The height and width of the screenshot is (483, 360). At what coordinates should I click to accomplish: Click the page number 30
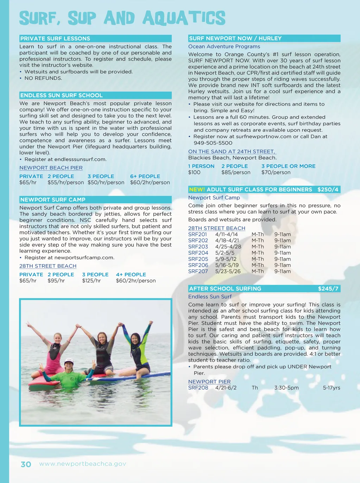(x=26, y=464)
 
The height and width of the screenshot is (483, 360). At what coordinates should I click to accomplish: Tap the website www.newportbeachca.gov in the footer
(x=82, y=464)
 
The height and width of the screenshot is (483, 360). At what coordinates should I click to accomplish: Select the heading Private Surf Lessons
(x=55, y=39)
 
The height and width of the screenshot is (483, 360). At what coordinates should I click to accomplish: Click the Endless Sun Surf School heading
(x=62, y=95)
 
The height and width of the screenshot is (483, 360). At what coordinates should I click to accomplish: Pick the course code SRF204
(x=198, y=253)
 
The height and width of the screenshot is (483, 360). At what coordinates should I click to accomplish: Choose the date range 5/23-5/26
(x=228, y=272)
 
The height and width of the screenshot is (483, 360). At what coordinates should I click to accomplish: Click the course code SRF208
(x=198, y=388)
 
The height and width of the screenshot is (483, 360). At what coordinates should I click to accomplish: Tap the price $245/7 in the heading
(x=328, y=289)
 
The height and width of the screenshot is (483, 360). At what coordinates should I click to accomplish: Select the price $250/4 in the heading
(x=328, y=190)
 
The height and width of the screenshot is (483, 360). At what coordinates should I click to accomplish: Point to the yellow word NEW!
(x=197, y=190)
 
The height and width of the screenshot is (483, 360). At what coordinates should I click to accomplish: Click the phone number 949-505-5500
(x=213, y=143)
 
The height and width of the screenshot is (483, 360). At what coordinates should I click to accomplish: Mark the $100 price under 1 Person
(x=194, y=172)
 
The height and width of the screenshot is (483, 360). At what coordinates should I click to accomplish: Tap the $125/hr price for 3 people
(x=91, y=281)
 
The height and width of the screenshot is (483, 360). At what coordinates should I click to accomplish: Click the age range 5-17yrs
(x=331, y=388)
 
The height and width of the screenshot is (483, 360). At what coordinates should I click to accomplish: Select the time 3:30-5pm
(x=286, y=388)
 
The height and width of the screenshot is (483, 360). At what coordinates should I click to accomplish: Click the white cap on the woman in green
(x=69, y=361)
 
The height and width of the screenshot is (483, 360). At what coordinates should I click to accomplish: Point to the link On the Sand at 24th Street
(x=232, y=152)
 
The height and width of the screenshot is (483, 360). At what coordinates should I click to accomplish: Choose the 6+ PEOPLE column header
(x=145, y=176)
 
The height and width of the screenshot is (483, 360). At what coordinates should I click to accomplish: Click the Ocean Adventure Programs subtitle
(x=224, y=46)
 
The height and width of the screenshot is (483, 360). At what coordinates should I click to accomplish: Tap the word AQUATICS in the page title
(x=184, y=18)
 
